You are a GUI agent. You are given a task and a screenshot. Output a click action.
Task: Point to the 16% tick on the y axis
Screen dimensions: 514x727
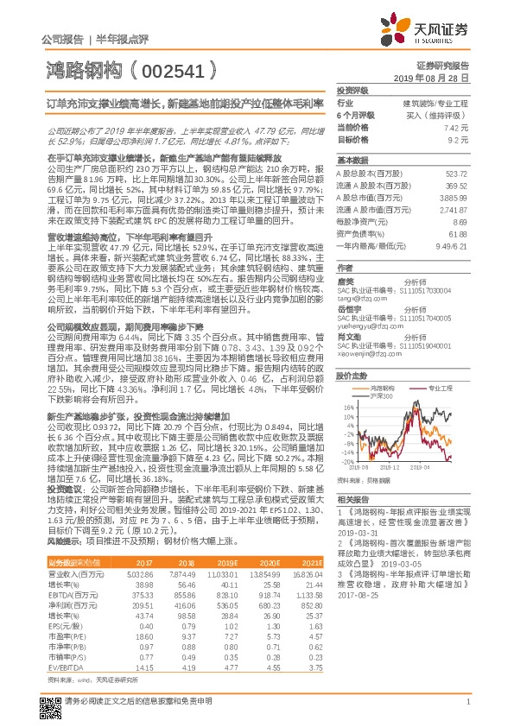point(348,406)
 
